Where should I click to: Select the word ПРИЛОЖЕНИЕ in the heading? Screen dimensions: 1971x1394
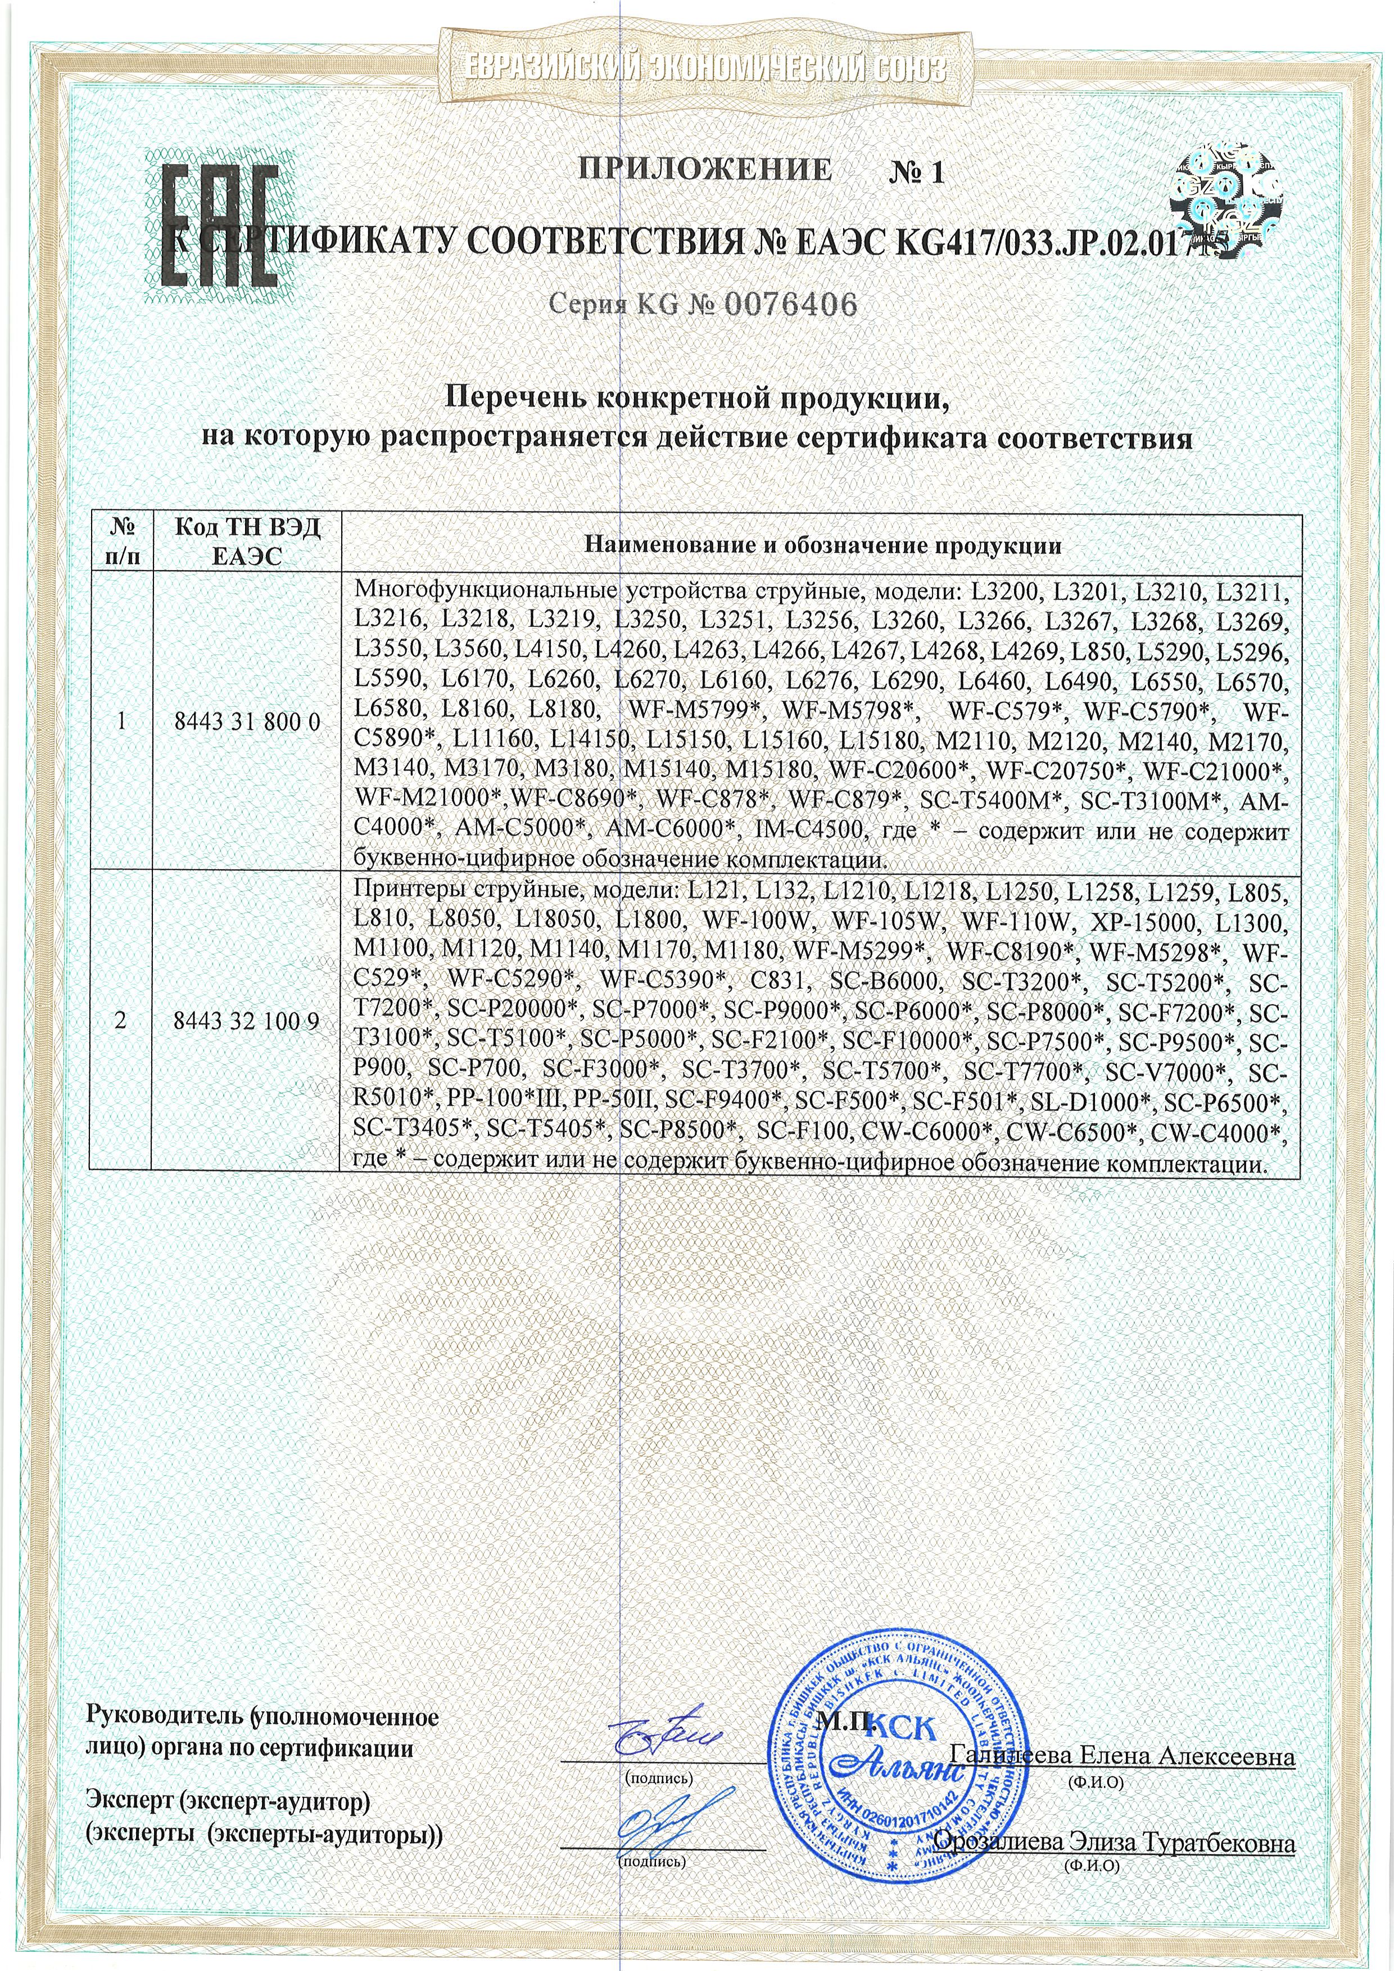click(705, 169)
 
